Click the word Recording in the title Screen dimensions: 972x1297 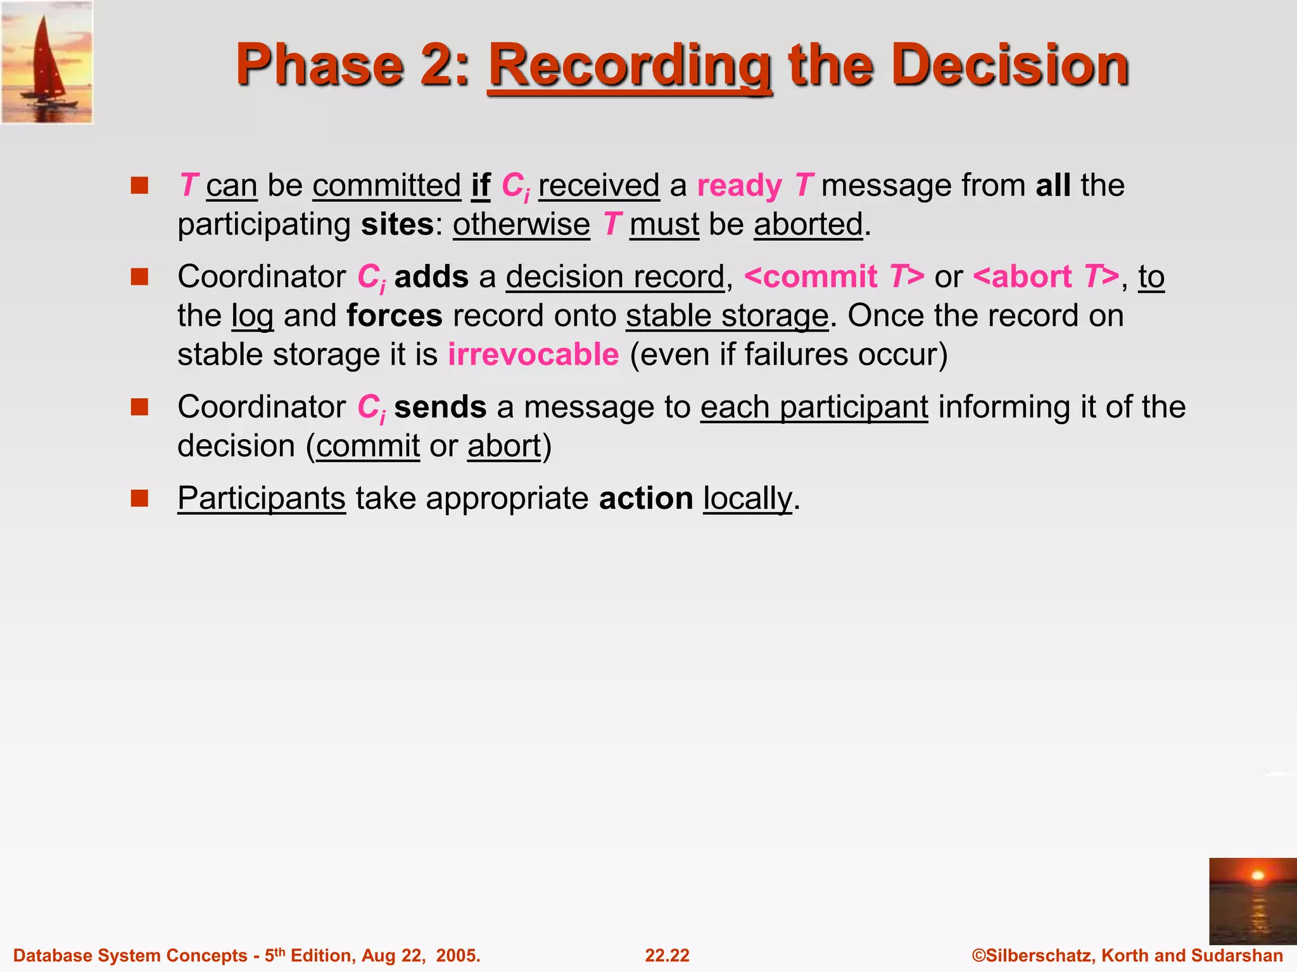tap(630, 66)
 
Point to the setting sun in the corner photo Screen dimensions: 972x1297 tap(1258, 876)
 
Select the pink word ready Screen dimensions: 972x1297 tap(739, 186)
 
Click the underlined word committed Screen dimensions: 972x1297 tap(386, 186)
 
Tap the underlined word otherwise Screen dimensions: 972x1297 tap(521, 225)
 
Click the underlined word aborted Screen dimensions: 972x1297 tap(808, 225)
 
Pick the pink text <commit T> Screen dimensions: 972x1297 tap(833, 277)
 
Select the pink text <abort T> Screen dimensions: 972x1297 tap(1045, 277)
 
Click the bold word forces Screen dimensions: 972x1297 tap(394, 316)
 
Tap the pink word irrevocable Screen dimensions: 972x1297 tap(533, 355)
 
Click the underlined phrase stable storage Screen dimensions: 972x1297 tap(727, 316)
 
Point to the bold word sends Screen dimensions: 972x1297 tap(440, 407)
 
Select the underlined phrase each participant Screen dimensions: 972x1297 tap(814, 407)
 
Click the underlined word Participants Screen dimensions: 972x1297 tap(262, 499)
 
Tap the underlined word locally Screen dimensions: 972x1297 tap(747, 499)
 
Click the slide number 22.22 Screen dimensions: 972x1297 tap(667, 956)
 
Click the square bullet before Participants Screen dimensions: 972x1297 tap(139, 498)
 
